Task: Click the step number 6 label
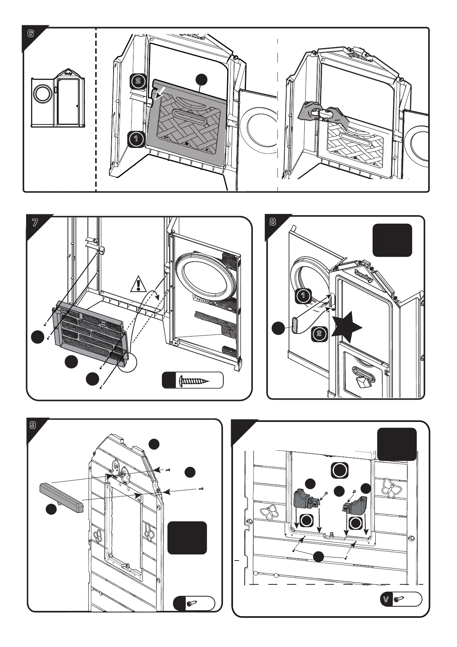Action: (31, 34)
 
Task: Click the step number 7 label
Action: (35, 223)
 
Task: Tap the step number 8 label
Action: (273, 222)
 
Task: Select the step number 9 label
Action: (33, 425)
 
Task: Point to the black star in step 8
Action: (346, 327)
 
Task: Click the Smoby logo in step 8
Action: (363, 276)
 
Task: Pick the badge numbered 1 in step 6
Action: (136, 139)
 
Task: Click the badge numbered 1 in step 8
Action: (303, 295)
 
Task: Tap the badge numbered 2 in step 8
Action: (319, 333)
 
